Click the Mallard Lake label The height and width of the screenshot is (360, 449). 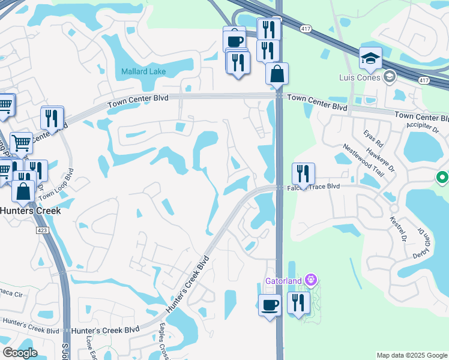click(143, 71)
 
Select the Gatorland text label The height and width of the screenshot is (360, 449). click(285, 281)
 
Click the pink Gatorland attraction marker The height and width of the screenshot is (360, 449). click(310, 280)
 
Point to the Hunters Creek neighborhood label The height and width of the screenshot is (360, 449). click(30, 211)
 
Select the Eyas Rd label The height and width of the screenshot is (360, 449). click(372, 139)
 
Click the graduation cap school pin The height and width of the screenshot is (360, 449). click(370, 59)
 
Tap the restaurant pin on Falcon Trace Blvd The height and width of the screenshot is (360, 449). click(303, 174)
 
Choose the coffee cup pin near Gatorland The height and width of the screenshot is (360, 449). click(270, 305)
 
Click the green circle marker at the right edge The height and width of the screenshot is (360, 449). click(442, 178)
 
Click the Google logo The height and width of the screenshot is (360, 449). click(20, 353)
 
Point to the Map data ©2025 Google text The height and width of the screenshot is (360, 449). click(412, 355)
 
